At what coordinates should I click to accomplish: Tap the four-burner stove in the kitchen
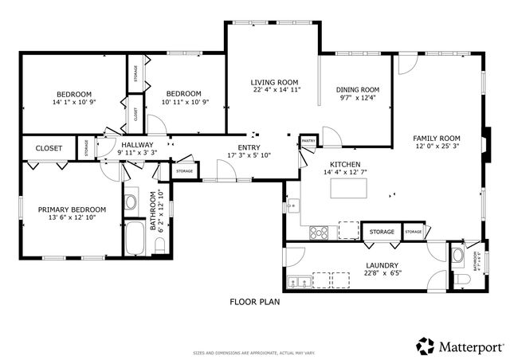pos(320,233)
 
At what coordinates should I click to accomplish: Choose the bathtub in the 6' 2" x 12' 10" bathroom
pos(134,238)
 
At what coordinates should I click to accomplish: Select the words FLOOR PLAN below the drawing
pos(255,302)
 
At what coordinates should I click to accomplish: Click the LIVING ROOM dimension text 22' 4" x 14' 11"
pos(274,90)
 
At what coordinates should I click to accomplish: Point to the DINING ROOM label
pos(359,89)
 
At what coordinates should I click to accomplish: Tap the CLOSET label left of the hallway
pos(49,148)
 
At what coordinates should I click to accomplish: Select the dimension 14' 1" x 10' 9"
pos(74,102)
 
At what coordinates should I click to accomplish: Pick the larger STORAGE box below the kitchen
pos(382,232)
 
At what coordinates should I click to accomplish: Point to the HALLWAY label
pos(137,144)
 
